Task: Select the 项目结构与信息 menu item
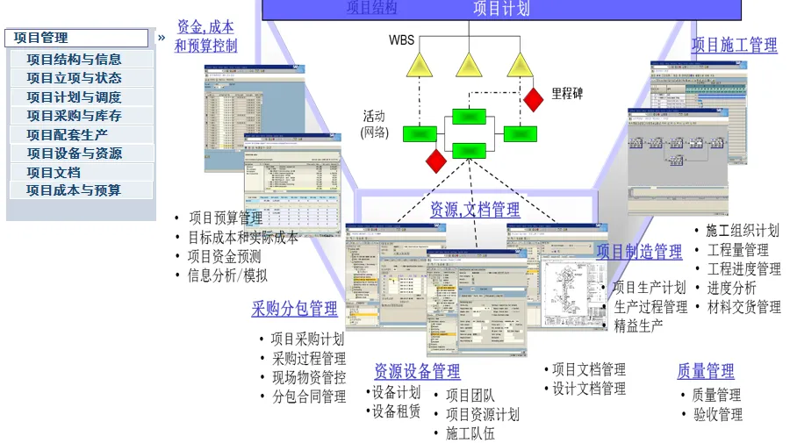pyautogui.click(x=74, y=60)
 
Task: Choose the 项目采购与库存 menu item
pyautogui.click(x=74, y=116)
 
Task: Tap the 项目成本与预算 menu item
pyautogui.click(x=74, y=189)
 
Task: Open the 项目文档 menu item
pyautogui.click(x=54, y=172)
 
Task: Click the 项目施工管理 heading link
pyautogui.click(x=734, y=45)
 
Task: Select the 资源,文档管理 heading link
pyautogui.click(x=474, y=210)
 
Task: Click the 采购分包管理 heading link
pyautogui.click(x=294, y=308)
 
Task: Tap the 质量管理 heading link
pyautogui.click(x=706, y=371)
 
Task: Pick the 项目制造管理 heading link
pyautogui.click(x=639, y=252)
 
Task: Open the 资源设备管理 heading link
pyautogui.click(x=417, y=371)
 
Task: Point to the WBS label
pyautogui.click(x=401, y=40)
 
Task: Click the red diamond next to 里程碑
pyautogui.click(x=534, y=99)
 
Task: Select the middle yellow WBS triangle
pyautogui.click(x=469, y=65)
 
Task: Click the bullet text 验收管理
pyautogui.click(x=718, y=414)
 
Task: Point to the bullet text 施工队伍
pyautogui.click(x=470, y=432)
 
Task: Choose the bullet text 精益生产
pyautogui.click(x=638, y=325)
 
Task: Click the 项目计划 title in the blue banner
pyautogui.click(x=500, y=9)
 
